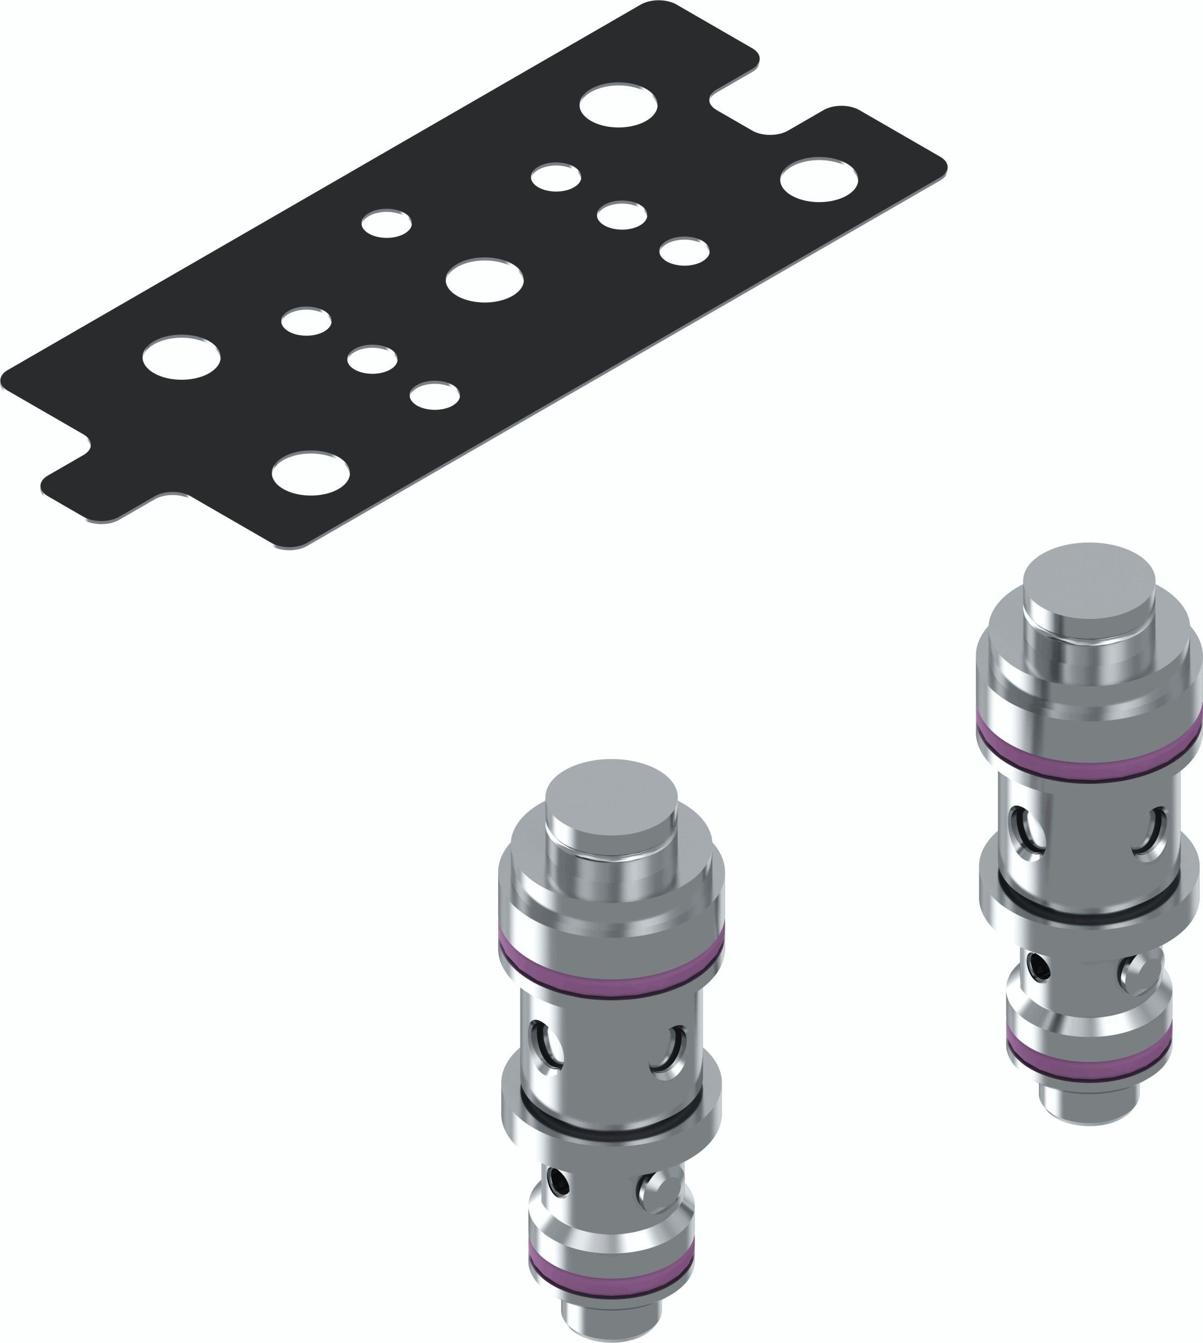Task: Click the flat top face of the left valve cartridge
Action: click(611, 798)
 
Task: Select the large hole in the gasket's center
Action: click(485, 280)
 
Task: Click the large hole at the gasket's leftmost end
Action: click(181, 357)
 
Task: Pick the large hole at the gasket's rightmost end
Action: click(819, 179)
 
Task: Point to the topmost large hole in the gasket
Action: click(618, 104)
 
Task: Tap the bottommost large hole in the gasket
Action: click(310, 473)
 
